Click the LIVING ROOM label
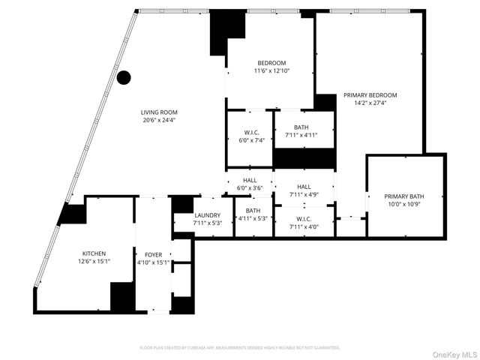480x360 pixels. tap(159, 112)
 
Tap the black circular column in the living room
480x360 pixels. tap(124, 77)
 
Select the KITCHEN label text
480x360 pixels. tap(94, 254)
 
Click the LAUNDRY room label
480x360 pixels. tap(207, 214)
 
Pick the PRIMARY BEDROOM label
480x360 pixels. tap(370, 95)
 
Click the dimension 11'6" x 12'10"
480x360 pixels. tap(271, 70)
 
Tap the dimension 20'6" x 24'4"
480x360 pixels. tap(159, 121)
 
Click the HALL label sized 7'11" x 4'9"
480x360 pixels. tap(304, 187)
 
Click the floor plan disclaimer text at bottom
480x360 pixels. tap(240, 348)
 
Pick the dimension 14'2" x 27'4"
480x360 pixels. tap(370, 103)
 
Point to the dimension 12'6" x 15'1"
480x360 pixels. tap(94, 262)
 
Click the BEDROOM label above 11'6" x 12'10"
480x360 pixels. tap(271, 62)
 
